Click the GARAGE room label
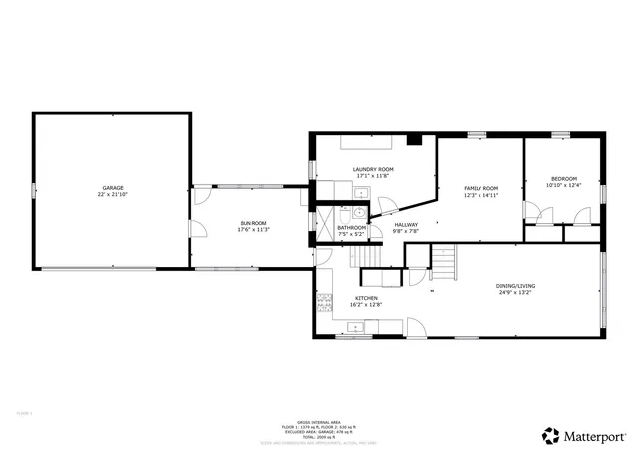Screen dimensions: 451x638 click(x=112, y=187)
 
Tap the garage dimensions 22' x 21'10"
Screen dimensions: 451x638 click(x=112, y=194)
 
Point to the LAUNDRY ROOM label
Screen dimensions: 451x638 click(x=372, y=169)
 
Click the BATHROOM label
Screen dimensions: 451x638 click(x=351, y=228)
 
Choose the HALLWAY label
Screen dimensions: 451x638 click(x=406, y=224)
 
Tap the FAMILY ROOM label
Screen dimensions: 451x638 click(x=480, y=188)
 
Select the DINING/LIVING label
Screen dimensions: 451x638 click(x=516, y=286)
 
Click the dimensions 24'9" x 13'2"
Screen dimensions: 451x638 click(x=516, y=293)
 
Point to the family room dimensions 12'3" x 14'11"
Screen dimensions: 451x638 click(x=480, y=195)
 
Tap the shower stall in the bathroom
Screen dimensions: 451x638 click(x=326, y=218)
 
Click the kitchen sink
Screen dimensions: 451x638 click(x=355, y=326)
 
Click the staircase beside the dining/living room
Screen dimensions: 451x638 click(x=444, y=264)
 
